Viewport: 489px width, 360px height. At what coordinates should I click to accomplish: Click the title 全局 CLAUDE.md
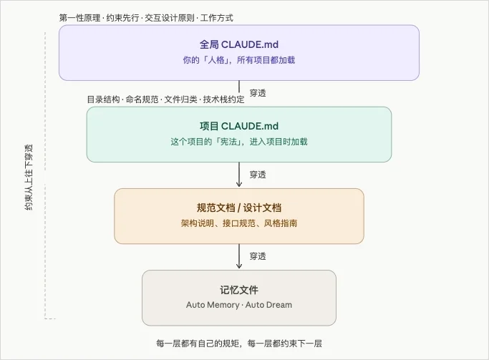coord(239,44)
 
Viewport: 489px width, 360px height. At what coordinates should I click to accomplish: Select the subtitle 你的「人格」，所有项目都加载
coord(239,61)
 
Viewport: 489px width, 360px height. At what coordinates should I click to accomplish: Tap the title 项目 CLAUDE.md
coord(239,126)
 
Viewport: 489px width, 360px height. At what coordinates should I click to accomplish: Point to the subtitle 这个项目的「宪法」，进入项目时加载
coord(239,142)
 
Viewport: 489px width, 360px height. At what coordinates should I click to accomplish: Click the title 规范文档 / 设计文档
coord(239,208)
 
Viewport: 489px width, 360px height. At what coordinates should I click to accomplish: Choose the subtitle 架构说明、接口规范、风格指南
coord(239,223)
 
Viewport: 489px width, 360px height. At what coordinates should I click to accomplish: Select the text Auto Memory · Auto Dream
coord(239,305)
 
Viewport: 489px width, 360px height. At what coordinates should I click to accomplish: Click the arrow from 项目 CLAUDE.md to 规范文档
coord(239,175)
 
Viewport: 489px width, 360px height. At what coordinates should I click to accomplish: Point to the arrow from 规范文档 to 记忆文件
coord(239,256)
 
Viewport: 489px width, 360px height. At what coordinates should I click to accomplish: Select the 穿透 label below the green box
coord(258,174)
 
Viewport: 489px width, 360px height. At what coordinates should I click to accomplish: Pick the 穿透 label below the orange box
coord(258,256)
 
